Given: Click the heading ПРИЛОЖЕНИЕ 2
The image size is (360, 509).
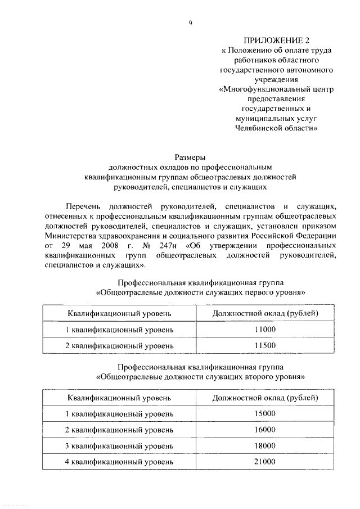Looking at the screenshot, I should coord(276,40).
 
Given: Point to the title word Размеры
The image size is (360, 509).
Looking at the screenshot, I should coord(190,157).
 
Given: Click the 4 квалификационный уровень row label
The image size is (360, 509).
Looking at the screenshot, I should coord(119,462).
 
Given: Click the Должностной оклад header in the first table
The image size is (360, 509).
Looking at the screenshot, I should coord(264,312).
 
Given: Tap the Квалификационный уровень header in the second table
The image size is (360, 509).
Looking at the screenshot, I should coord(119,398).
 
